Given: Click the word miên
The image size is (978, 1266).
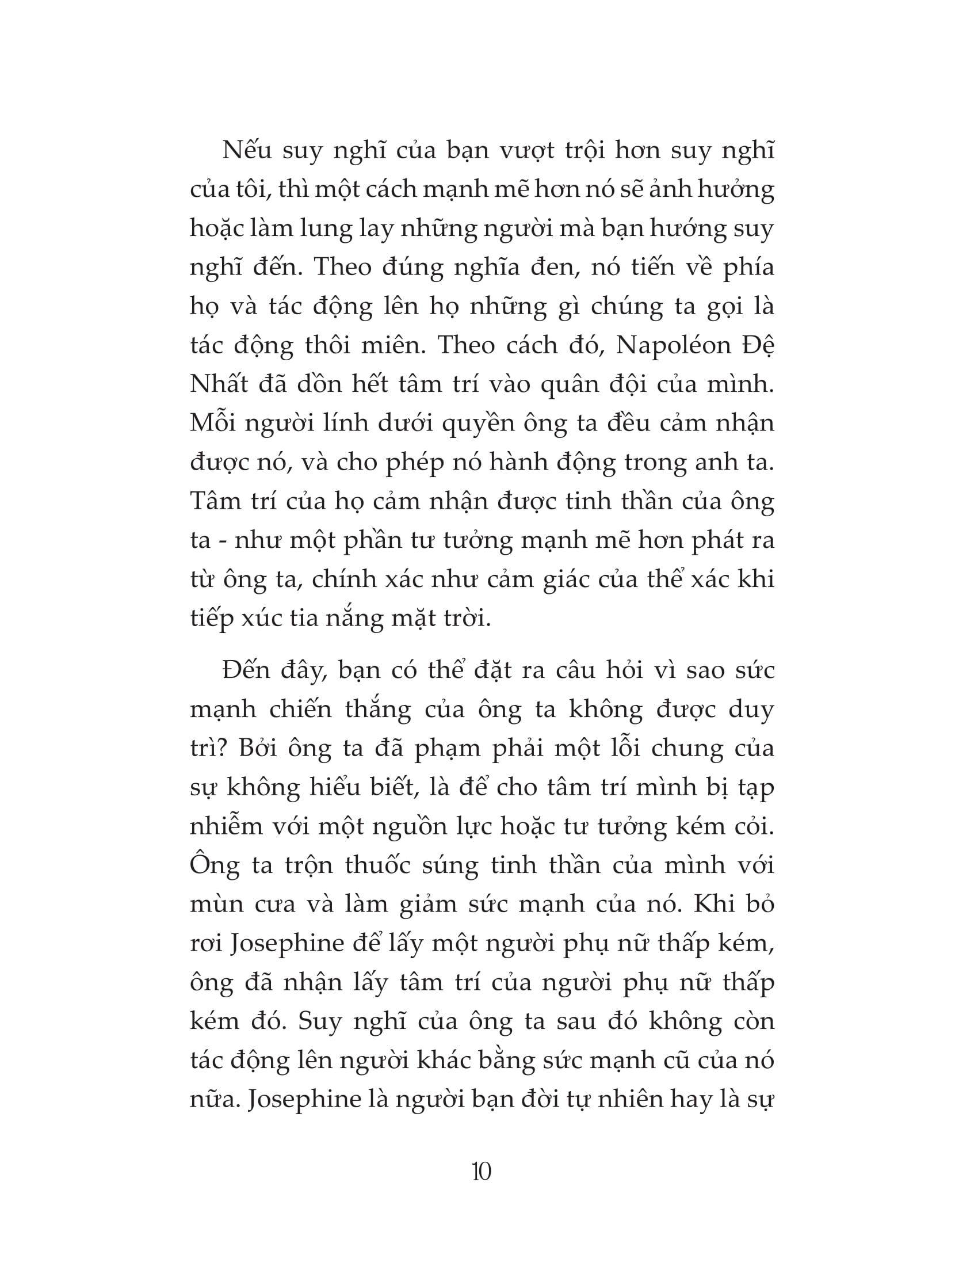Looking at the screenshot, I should (x=388, y=346).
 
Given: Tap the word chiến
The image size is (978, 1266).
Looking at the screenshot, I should (x=300, y=710).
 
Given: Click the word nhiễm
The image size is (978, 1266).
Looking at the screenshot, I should (x=226, y=826).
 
